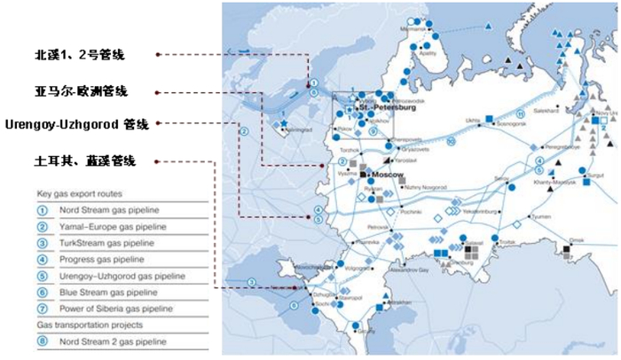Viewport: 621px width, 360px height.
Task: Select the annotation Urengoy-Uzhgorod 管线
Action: (78, 123)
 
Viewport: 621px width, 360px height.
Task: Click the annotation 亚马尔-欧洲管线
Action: (82, 90)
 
